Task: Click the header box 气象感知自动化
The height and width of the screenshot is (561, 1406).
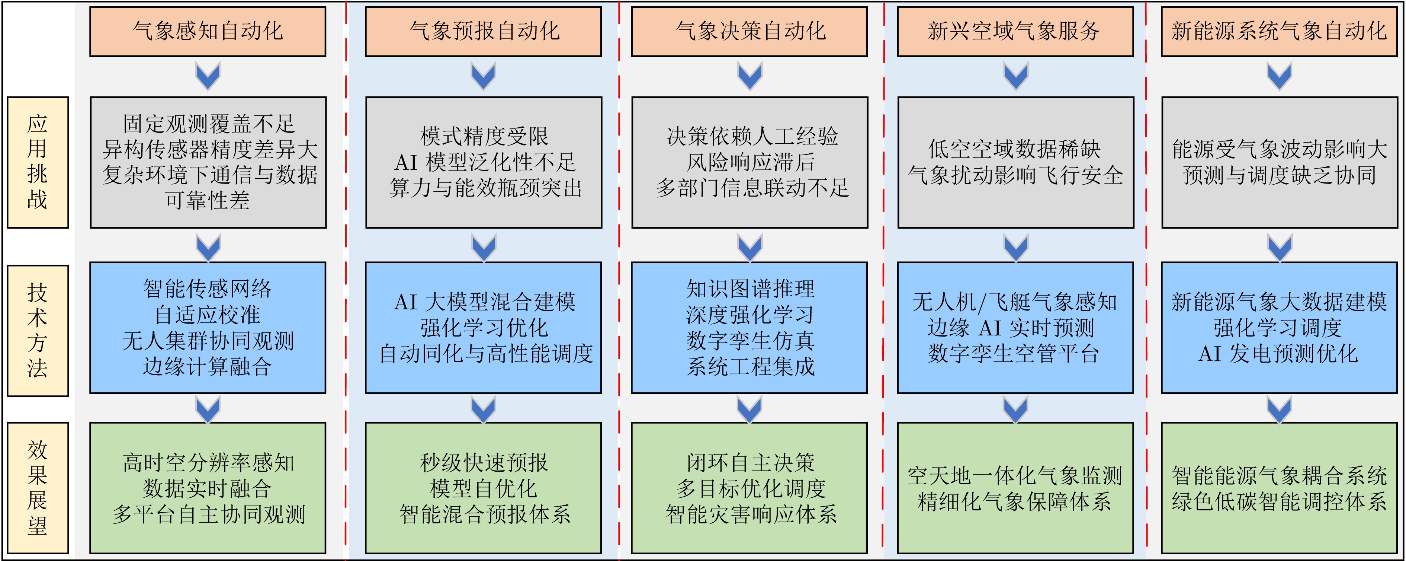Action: coord(208,31)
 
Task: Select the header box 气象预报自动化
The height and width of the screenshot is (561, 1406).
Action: coord(484,31)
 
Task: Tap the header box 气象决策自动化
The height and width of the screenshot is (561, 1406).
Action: coord(749,31)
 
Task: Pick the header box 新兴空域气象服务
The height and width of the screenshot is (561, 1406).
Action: coord(1015,31)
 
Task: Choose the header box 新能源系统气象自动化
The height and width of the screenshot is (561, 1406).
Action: coord(1279,31)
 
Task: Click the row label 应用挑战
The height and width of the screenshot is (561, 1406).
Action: coord(38,162)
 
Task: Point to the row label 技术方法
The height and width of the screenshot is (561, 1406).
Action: coord(38,331)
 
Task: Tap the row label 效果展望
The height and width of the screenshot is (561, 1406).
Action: coord(38,488)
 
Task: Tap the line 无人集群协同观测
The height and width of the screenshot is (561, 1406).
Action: coord(208,341)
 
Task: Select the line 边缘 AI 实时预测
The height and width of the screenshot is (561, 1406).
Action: coord(1011,328)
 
